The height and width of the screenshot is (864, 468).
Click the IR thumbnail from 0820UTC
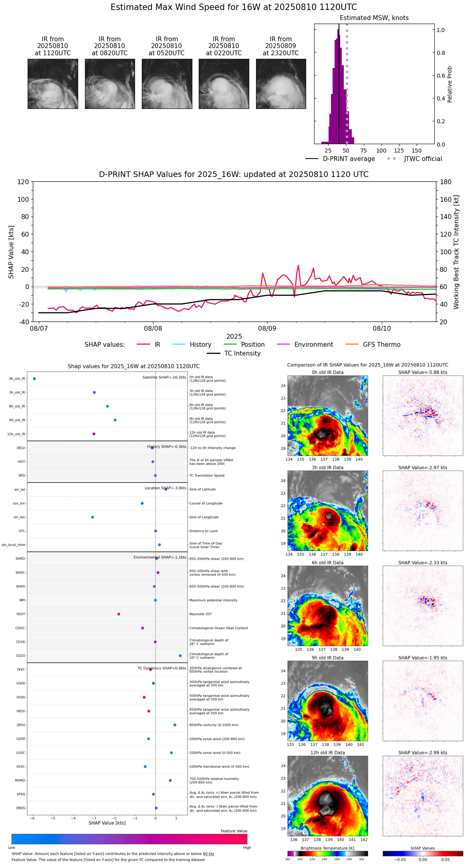pos(110,84)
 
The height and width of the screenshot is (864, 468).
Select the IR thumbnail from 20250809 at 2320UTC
pos(281,84)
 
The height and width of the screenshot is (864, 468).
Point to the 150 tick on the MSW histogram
pos(417,151)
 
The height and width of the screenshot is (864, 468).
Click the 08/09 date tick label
pos(267,329)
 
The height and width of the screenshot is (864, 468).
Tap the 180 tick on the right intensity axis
pos(446,182)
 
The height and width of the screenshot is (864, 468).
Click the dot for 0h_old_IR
pos(34,378)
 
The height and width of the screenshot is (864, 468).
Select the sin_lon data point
pos(93,517)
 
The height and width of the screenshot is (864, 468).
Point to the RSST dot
pos(119,614)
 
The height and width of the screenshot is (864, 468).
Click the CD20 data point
pos(180,656)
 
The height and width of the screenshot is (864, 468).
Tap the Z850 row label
pos(21,725)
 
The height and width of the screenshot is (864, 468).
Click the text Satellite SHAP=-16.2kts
pos(164,377)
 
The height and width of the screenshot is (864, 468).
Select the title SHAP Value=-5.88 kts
pos(423,372)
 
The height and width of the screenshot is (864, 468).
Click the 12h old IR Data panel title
pos(327,753)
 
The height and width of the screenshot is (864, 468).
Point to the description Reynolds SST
pos(200,614)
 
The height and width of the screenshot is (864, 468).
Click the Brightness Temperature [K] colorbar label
pos(327,848)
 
